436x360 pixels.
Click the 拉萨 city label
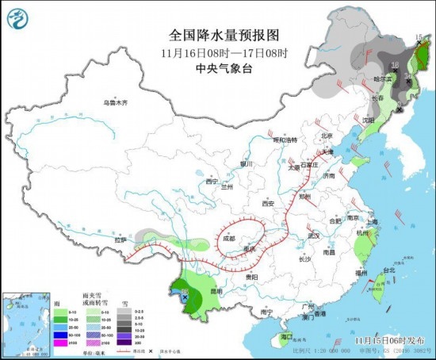(x=120, y=239)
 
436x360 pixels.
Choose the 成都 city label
(x=229, y=237)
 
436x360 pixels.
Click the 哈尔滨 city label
(x=382, y=80)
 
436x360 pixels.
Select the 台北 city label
(x=388, y=270)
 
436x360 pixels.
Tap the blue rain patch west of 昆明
(x=185, y=298)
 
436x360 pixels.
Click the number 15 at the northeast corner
(x=419, y=37)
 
